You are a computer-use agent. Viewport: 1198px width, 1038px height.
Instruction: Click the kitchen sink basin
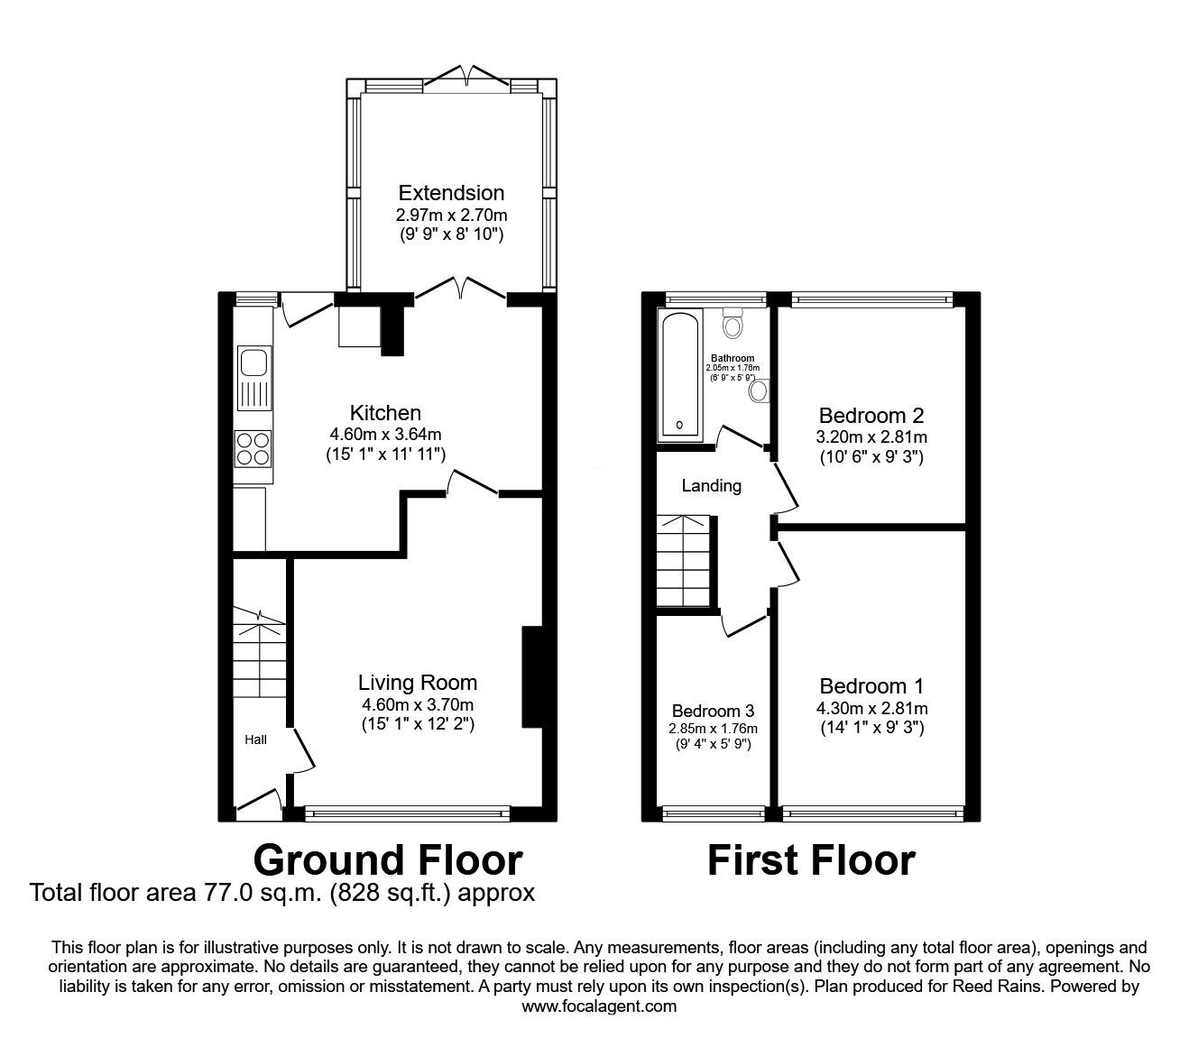click(x=253, y=363)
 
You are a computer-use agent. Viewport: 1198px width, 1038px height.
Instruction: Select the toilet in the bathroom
click(x=733, y=323)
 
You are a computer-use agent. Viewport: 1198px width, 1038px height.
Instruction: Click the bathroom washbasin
click(x=758, y=391)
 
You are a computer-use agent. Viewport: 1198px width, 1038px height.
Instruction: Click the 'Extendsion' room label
click(x=451, y=192)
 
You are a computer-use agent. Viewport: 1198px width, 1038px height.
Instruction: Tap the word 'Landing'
click(x=711, y=486)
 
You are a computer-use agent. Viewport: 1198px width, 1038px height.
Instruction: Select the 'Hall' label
click(x=255, y=739)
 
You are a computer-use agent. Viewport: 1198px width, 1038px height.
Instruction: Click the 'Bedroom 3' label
click(x=714, y=711)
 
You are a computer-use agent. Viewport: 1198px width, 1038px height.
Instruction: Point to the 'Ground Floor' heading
click(x=388, y=860)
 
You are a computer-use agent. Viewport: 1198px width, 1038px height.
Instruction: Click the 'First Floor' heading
click(x=811, y=860)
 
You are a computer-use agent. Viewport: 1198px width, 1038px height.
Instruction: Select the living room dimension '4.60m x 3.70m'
click(x=418, y=704)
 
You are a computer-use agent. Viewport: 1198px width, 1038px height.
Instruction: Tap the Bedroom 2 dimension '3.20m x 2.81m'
click(x=871, y=436)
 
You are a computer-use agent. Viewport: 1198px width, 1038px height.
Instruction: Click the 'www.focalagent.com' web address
click(x=599, y=1006)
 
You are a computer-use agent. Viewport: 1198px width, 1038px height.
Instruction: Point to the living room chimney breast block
click(x=532, y=676)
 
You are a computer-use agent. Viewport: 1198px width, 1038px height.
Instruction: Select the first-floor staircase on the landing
click(x=684, y=560)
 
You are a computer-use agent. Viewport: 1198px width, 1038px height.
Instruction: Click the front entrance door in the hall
click(x=259, y=799)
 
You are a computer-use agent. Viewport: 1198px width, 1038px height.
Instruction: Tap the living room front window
click(x=407, y=815)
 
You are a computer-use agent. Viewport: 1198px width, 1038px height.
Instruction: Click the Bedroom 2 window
click(x=872, y=299)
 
